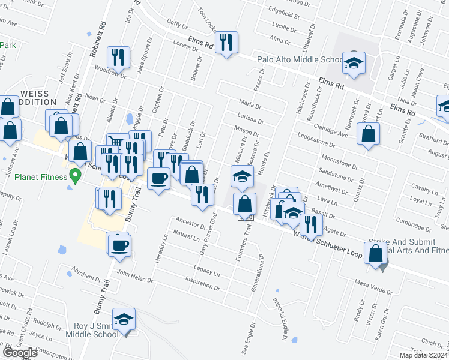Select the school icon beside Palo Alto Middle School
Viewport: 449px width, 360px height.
click(354, 62)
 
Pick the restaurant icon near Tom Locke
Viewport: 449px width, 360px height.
click(226, 42)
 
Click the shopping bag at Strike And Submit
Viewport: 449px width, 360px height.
click(376, 254)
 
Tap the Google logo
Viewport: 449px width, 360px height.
click(20, 353)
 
